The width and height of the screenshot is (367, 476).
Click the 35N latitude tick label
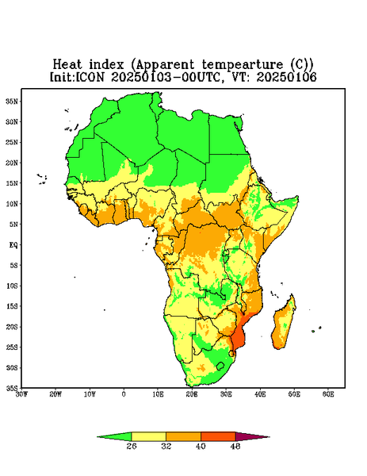coord(12,101)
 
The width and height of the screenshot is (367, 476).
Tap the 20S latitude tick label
coord(12,327)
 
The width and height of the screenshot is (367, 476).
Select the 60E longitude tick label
coord(328,394)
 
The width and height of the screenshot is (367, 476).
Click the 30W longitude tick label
coord(21,394)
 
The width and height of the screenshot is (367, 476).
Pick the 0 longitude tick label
coord(124,394)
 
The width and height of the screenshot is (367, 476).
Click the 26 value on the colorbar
coord(132,446)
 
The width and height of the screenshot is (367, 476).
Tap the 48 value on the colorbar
coord(235,446)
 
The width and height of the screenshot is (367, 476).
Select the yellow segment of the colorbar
coord(148,436)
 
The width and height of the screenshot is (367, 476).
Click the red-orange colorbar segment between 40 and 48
coord(218,436)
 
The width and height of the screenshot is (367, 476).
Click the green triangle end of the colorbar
coord(115,437)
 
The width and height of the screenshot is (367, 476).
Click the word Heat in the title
coord(67,64)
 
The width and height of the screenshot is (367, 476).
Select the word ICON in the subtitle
coord(90,77)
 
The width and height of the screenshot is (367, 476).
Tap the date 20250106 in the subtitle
coord(286,77)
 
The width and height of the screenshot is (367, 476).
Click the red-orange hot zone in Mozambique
coord(239,338)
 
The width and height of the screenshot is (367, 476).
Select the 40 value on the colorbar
coord(201,446)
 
